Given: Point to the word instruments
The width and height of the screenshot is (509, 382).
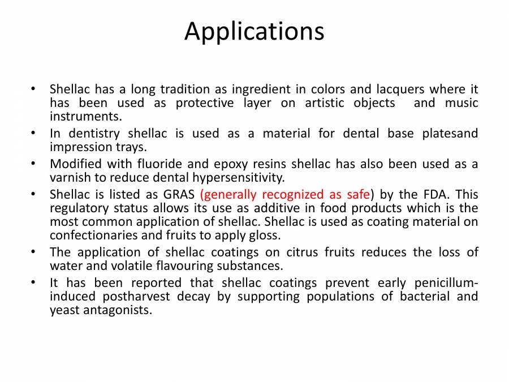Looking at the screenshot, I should pyautogui.click(x=85, y=117).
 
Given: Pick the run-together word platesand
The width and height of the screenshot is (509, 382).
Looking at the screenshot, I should pyautogui.click(x=449, y=134).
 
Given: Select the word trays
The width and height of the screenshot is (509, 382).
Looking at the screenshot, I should pyautogui.click(x=131, y=147).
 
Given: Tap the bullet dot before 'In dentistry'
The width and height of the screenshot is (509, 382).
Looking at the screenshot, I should pyautogui.click(x=34, y=134).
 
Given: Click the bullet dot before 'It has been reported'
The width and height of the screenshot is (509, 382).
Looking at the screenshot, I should pyautogui.click(x=34, y=283).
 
